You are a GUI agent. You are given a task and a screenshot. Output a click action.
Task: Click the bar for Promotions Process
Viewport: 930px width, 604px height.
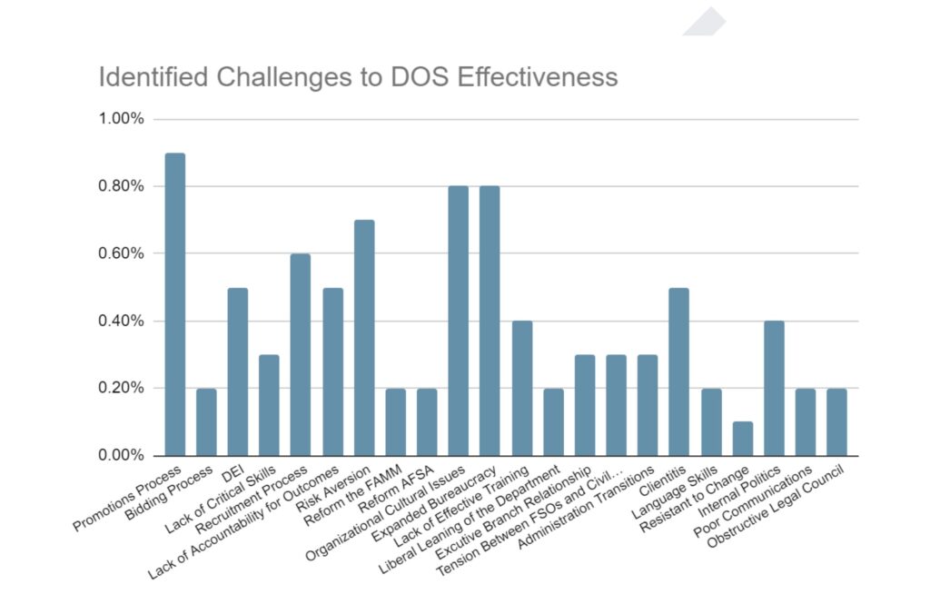[x=174, y=304]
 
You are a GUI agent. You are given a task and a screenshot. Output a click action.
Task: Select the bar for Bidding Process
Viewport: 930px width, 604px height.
[x=206, y=421]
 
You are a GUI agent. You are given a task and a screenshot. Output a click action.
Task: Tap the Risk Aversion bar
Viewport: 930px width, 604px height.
[x=364, y=337]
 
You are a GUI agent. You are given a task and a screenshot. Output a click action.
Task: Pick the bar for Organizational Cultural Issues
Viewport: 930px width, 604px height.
[x=459, y=321]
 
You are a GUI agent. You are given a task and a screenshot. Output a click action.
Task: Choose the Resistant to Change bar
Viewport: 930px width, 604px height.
[x=743, y=438]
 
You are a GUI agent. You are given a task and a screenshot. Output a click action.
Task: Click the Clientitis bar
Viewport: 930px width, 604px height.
[x=679, y=371]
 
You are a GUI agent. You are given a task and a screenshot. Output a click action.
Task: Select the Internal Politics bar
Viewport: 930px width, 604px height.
[x=774, y=388]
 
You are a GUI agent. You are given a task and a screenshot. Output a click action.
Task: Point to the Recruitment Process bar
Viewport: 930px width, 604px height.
[x=301, y=354]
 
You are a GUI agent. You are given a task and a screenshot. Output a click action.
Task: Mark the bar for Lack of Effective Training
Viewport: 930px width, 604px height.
[x=521, y=388]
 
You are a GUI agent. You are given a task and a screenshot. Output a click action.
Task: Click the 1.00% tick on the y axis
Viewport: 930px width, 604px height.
[x=122, y=119]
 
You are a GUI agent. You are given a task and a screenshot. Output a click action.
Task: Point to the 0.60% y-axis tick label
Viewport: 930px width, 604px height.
[x=122, y=253]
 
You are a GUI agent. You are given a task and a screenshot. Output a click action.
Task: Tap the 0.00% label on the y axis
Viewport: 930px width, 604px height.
[x=122, y=455]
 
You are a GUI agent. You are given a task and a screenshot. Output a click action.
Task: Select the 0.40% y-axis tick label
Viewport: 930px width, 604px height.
[x=122, y=321]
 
